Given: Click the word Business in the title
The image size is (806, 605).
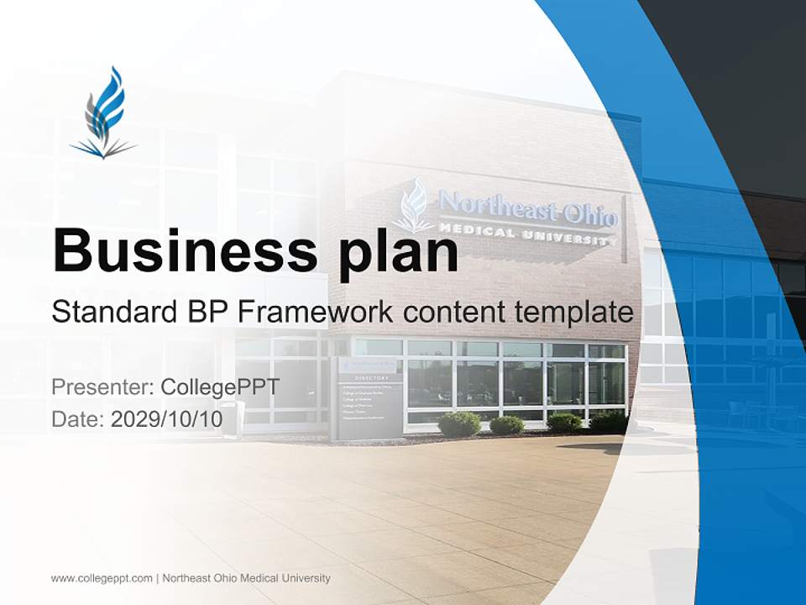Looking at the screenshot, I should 176,250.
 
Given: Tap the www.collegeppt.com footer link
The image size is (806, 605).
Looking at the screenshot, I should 102,578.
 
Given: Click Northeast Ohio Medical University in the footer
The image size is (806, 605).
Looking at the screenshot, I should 246,578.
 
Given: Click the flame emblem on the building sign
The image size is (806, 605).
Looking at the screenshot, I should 414,206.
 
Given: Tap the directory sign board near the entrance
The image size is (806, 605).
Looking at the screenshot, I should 367,399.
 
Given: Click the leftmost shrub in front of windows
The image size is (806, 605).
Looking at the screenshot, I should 459,423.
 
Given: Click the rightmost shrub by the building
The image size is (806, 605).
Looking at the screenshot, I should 609,421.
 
